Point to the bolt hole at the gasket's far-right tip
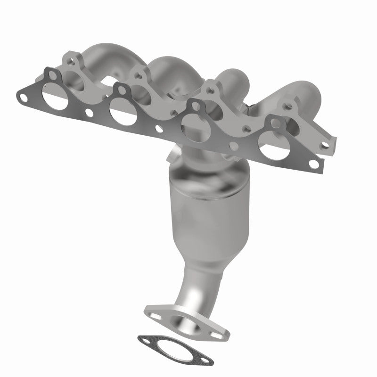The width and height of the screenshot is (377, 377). tap(312, 164)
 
